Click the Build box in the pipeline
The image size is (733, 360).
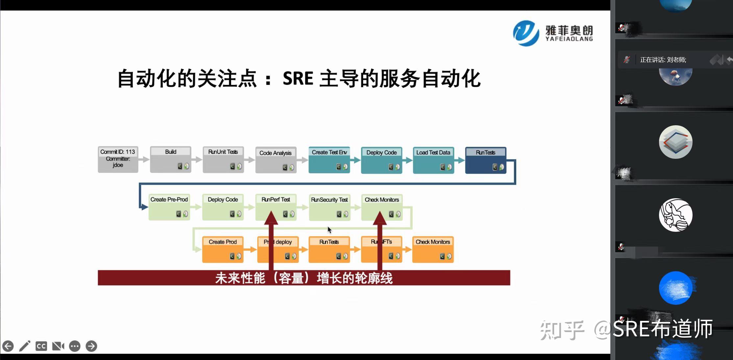[x=170, y=159]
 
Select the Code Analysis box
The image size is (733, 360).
[x=276, y=160]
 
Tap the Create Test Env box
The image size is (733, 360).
[x=329, y=160]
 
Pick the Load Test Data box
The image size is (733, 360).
[x=433, y=160]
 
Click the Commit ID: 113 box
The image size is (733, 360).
[x=118, y=159]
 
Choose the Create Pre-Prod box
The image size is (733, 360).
[x=169, y=207]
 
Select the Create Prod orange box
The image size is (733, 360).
[x=223, y=250]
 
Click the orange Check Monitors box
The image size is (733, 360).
[x=433, y=250]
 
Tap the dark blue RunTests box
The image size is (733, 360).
[x=485, y=160]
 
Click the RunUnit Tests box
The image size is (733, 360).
[x=223, y=159]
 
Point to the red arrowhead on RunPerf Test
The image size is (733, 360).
[x=271, y=218]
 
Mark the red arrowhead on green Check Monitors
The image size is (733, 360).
[x=380, y=218]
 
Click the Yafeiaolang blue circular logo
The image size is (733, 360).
[x=526, y=33]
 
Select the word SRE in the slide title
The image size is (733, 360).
[x=298, y=79]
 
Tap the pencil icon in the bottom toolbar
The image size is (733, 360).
[x=25, y=346]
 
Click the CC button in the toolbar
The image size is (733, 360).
[x=41, y=346]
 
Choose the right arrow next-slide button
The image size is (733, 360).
[x=91, y=346]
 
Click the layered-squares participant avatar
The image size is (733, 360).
[x=675, y=142]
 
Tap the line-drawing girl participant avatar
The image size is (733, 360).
[x=675, y=215]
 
